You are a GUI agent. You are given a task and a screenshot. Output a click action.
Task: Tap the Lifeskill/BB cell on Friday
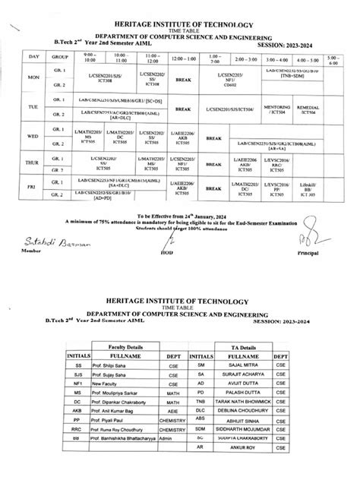point(331,184)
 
